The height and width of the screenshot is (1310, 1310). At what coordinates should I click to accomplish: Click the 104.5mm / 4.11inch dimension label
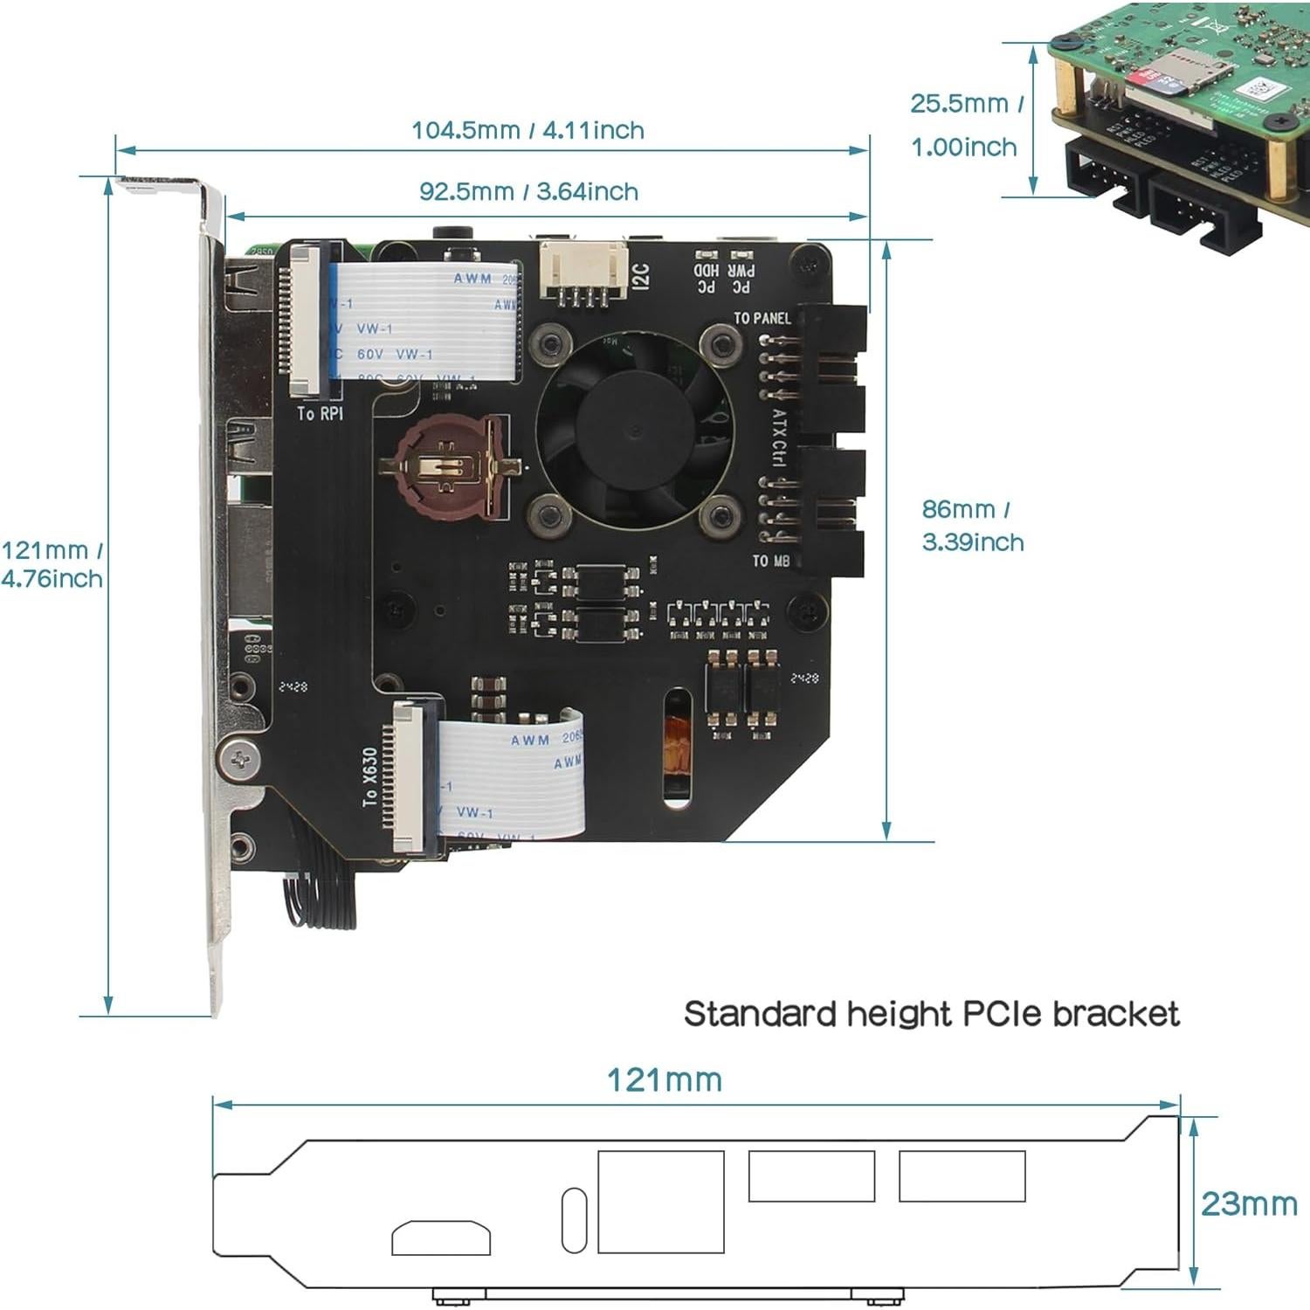tap(527, 130)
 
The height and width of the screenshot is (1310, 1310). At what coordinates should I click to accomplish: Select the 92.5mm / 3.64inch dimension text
tap(528, 191)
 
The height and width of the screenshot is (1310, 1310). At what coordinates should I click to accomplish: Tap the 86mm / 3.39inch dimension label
tap(972, 525)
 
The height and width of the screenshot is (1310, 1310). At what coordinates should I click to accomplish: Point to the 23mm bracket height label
tap(1249, 1203)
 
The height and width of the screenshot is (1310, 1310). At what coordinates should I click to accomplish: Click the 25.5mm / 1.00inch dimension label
tap(965, 124)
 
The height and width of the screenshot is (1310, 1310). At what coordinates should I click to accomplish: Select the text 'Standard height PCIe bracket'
tap(931, 1014)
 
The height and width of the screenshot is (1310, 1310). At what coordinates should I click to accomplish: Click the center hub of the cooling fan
tap(635, 431)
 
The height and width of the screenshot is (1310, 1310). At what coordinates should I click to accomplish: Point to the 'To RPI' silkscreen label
tap(320, 413)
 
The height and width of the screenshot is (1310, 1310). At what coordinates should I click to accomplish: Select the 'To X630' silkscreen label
tap(370, 776)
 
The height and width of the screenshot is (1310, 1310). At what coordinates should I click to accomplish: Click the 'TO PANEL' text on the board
tap(762, 319)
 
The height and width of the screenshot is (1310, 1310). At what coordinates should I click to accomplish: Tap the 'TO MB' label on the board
tap(770, 561)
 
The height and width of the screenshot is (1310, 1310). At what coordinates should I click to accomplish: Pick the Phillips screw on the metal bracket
tap(238, 760)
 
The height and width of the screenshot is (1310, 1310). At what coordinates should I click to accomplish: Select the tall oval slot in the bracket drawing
tap(573, 1220)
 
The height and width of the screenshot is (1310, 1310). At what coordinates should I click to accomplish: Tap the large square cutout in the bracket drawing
tap(661, 1202)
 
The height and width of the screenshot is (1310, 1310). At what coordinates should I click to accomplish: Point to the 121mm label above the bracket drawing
tap(665, 1080)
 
